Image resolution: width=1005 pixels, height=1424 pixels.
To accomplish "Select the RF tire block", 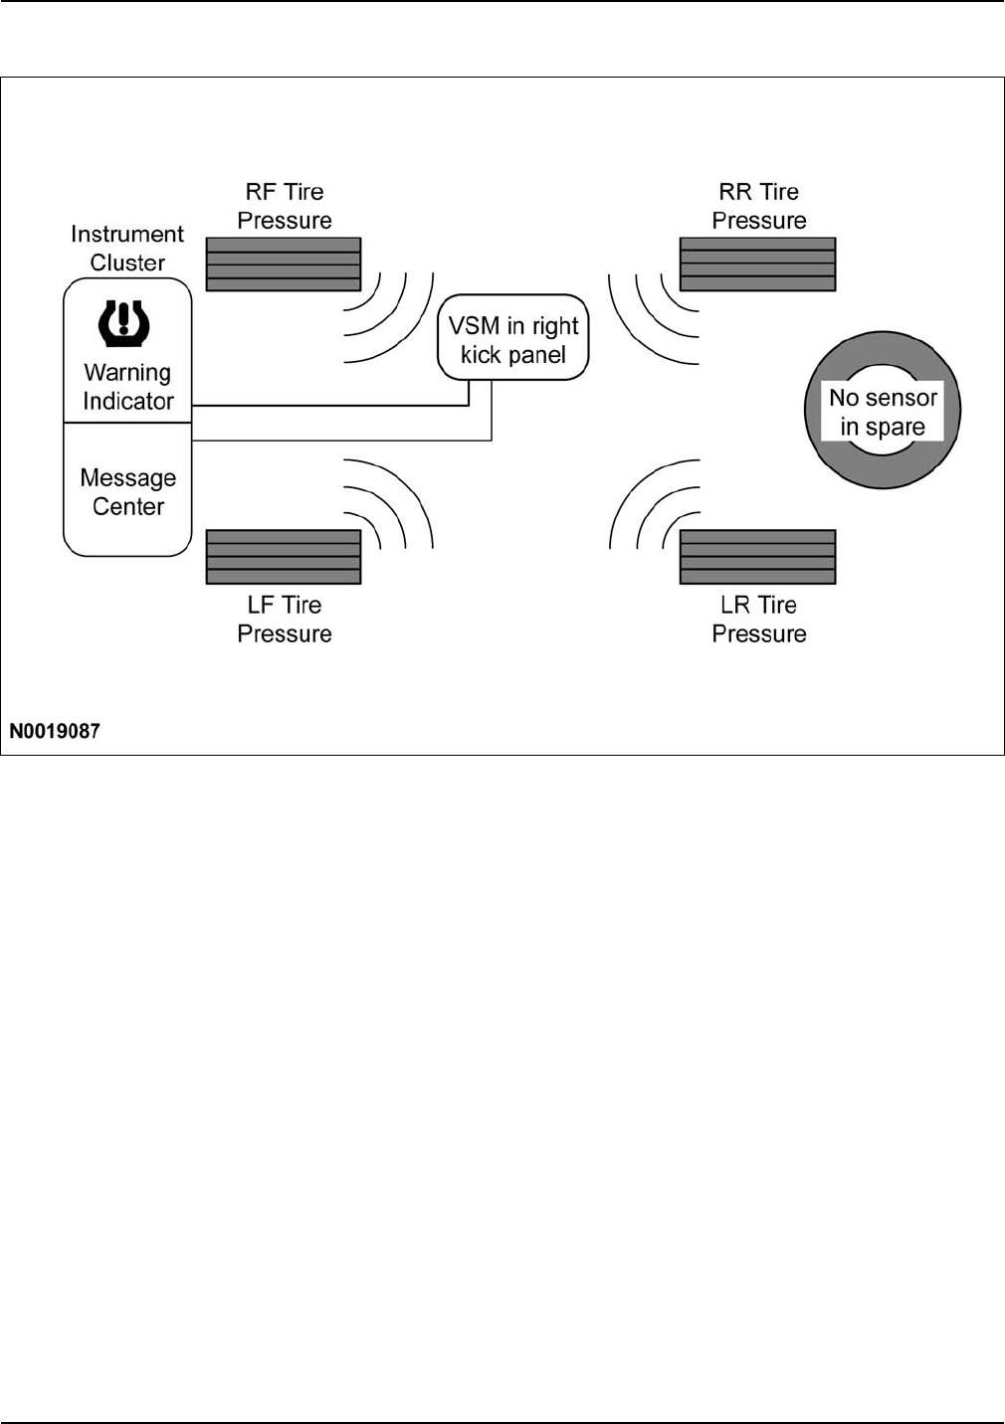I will coord(284,264).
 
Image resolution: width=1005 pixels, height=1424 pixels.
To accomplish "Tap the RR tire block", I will coord(757,264).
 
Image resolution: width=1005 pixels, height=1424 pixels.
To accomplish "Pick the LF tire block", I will coord(284,557).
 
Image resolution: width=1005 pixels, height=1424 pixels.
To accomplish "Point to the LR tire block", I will coord(757,557).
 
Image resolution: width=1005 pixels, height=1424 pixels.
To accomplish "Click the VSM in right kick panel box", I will coord(513,338).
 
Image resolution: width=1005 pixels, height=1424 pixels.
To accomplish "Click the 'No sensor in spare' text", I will coord(883,412).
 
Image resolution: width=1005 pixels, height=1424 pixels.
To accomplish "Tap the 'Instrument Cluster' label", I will coord(127,249).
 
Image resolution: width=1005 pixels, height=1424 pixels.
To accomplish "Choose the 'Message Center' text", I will coord(128,492).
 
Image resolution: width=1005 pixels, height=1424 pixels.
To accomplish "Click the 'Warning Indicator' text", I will coord(128,387).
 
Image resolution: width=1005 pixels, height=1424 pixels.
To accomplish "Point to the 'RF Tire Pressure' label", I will coord(285,206).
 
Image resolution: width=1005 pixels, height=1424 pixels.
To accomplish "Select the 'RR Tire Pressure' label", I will coord(759,206).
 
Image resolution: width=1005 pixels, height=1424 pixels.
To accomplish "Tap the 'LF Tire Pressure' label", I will coord(285,619).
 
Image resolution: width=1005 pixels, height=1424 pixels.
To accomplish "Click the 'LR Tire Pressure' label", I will coord(759,619).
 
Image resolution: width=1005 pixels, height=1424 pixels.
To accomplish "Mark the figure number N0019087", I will coord(55,731).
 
